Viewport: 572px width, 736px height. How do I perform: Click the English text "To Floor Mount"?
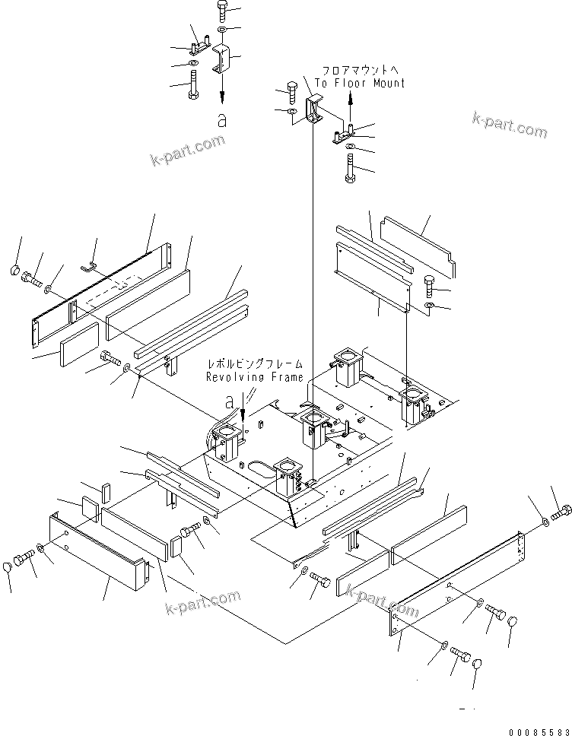tap(360, 83)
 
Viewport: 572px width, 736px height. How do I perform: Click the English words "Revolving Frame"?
tap(254, 377)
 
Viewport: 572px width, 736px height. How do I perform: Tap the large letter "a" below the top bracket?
tap(222, 120)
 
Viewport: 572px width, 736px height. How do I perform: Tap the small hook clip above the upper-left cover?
tap(90, 266)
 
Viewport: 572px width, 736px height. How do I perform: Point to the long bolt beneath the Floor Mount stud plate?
tap(350, 167)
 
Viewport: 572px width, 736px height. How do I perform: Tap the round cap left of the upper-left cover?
tap(16, 271)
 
